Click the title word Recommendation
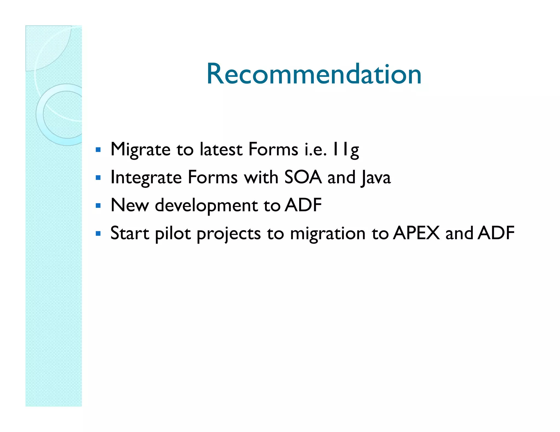314,74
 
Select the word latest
221,150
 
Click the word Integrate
146,178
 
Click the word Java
375,178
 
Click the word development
206,206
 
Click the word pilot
173,234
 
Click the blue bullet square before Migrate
98,150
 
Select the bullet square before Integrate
98,178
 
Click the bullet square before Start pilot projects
98,234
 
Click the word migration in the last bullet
327,234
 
